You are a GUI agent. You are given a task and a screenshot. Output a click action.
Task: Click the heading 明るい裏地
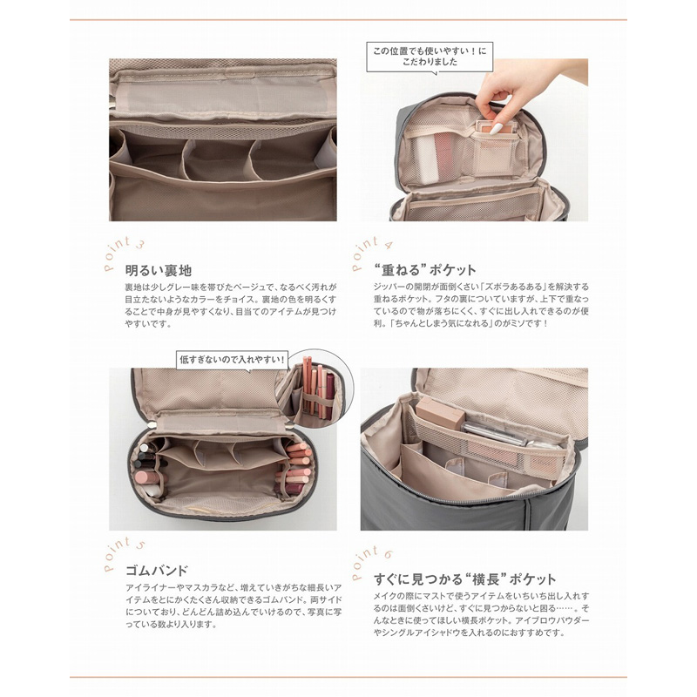pyautogui.click(x=159, y=270)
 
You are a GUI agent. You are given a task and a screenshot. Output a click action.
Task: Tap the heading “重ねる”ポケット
pyautogui.click(x=425, y=270)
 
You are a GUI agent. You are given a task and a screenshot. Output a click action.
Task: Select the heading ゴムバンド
pyautogui.click(x=157, y=571)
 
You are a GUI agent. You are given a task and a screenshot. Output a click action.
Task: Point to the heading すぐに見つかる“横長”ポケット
pyautogui.click(x=464, y=579)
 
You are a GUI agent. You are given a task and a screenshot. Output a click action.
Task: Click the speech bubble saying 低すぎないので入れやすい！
pyautogui.click(x=232, y=360)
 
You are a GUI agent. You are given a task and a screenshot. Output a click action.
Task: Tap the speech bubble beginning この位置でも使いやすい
pyautogui.click(x=430, y=57)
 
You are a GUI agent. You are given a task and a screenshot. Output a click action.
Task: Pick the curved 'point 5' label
pyautogui.click(x=123, y=553)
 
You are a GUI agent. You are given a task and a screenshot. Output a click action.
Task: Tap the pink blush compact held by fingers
pyautogui.click(x=490, y=128)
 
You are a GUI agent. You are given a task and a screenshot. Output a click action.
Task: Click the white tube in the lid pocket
pyautogui.click(x=424, y=159)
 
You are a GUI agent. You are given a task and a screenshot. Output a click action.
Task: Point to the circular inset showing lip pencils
pyautogui.click(x=315, y=388)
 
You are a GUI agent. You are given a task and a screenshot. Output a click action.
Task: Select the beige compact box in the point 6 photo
pyautogui.click(x=440, y=413)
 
